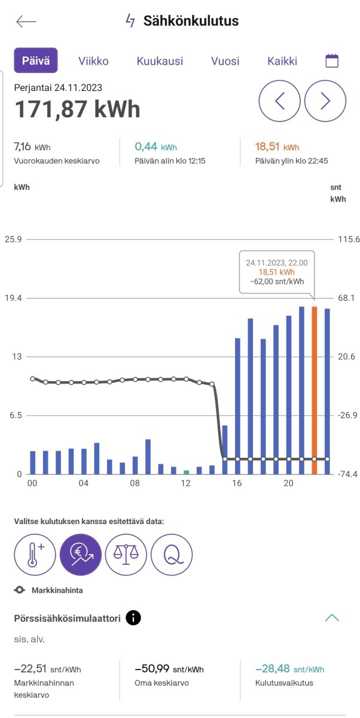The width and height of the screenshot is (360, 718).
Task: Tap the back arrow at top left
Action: (26, 22)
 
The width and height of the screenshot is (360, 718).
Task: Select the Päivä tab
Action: (36, 60)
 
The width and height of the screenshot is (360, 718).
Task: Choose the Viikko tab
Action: (93, 61)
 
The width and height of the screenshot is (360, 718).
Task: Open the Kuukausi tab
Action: (160, 61)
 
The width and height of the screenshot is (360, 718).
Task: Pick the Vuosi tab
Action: (225, 61)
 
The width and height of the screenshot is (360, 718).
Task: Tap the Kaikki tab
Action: (282, 61)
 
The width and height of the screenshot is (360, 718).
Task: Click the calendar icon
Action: (332, 60)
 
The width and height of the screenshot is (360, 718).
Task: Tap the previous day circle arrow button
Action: (279, 101)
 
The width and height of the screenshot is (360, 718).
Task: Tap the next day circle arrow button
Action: (325, 101)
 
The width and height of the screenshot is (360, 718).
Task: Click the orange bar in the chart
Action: (315, 389)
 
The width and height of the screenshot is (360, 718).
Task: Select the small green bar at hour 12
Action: (186, 472)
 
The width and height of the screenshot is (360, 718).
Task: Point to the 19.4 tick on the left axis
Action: (13, 298)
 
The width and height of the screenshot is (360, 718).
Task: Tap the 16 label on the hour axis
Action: (237, 483)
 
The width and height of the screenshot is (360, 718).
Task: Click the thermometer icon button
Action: (35, 554)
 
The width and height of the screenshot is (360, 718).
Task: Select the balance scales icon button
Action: (126, 554)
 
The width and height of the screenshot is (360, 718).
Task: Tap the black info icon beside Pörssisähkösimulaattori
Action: (134, 617)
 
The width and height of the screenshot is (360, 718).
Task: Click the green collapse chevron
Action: (331, 617)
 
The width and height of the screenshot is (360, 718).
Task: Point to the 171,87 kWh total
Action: (77, 109)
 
